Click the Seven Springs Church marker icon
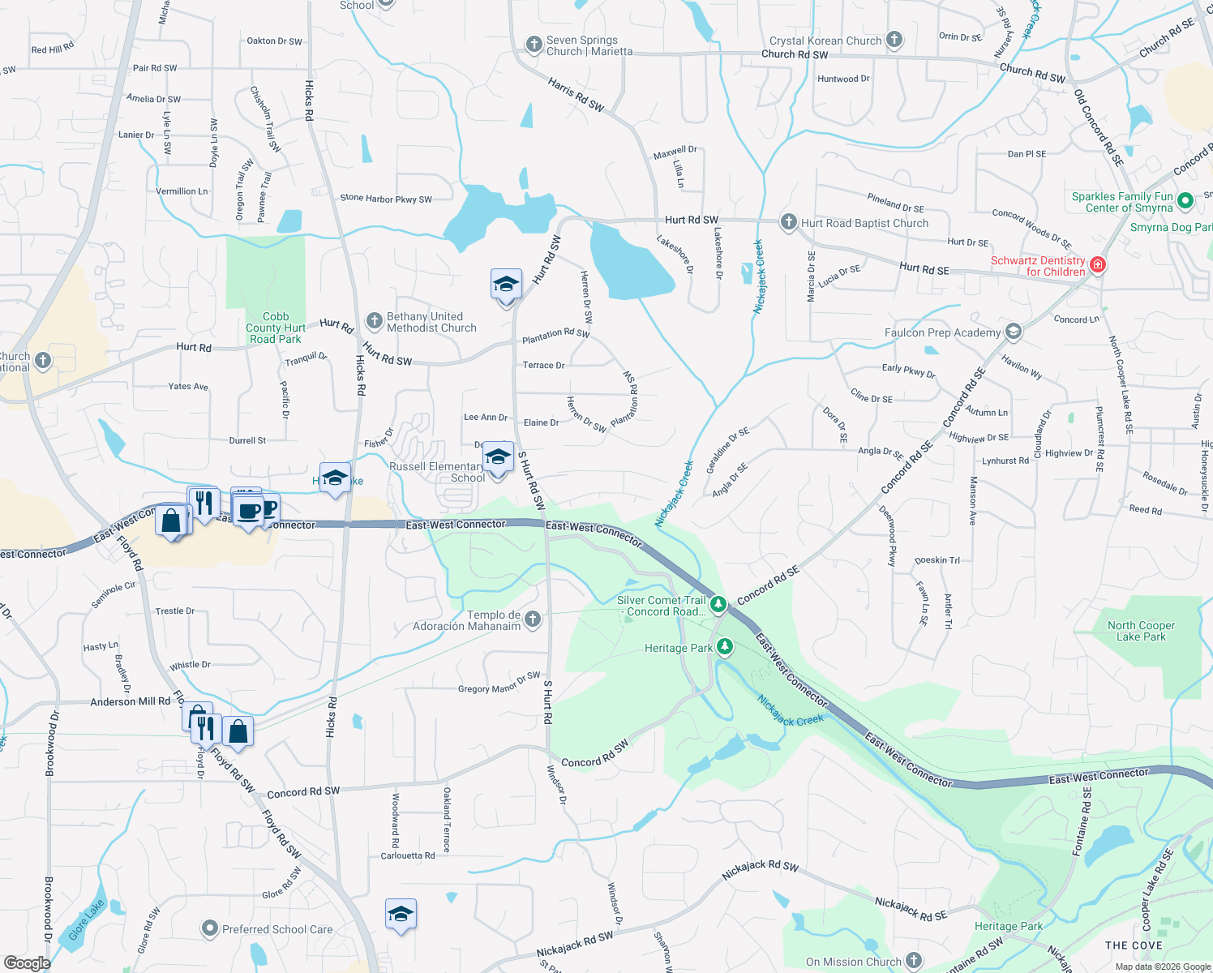point(534,45)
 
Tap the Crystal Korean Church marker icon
point(894,40)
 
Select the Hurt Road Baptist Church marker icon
point(788,222)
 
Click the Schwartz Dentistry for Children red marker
point(1098,264)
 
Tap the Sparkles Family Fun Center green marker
point(1185,200)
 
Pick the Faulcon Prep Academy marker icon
point(1013,331)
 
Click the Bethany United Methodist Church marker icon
point(374,321)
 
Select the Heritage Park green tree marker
point(725,646)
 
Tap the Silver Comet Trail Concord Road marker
point(718,604)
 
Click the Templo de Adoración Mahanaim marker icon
point(533,619)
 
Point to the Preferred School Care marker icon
point(210,928)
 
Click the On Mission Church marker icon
point(914,961)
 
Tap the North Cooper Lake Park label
point(1141,631)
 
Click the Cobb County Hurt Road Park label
point(276,328)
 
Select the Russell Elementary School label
point(437,472)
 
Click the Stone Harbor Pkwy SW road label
point(386,199)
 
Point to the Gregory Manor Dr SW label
point(499,683)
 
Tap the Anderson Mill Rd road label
point(130,701)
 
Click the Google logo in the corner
point(27,962)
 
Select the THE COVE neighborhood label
point(1134,945)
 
